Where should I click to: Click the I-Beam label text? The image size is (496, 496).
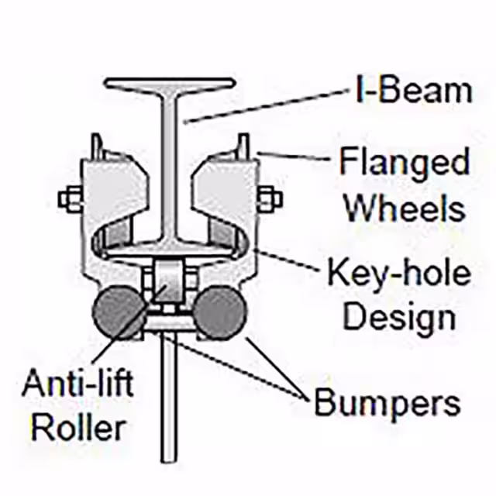tap(413, 91)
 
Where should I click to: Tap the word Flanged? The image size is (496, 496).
tap(404, 164)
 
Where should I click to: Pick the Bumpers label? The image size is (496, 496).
tap(387, 403)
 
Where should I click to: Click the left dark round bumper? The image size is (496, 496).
tap(118, 311)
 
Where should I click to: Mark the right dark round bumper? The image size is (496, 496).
tap(219, 311)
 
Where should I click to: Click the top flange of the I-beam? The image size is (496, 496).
tap(170, 83)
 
